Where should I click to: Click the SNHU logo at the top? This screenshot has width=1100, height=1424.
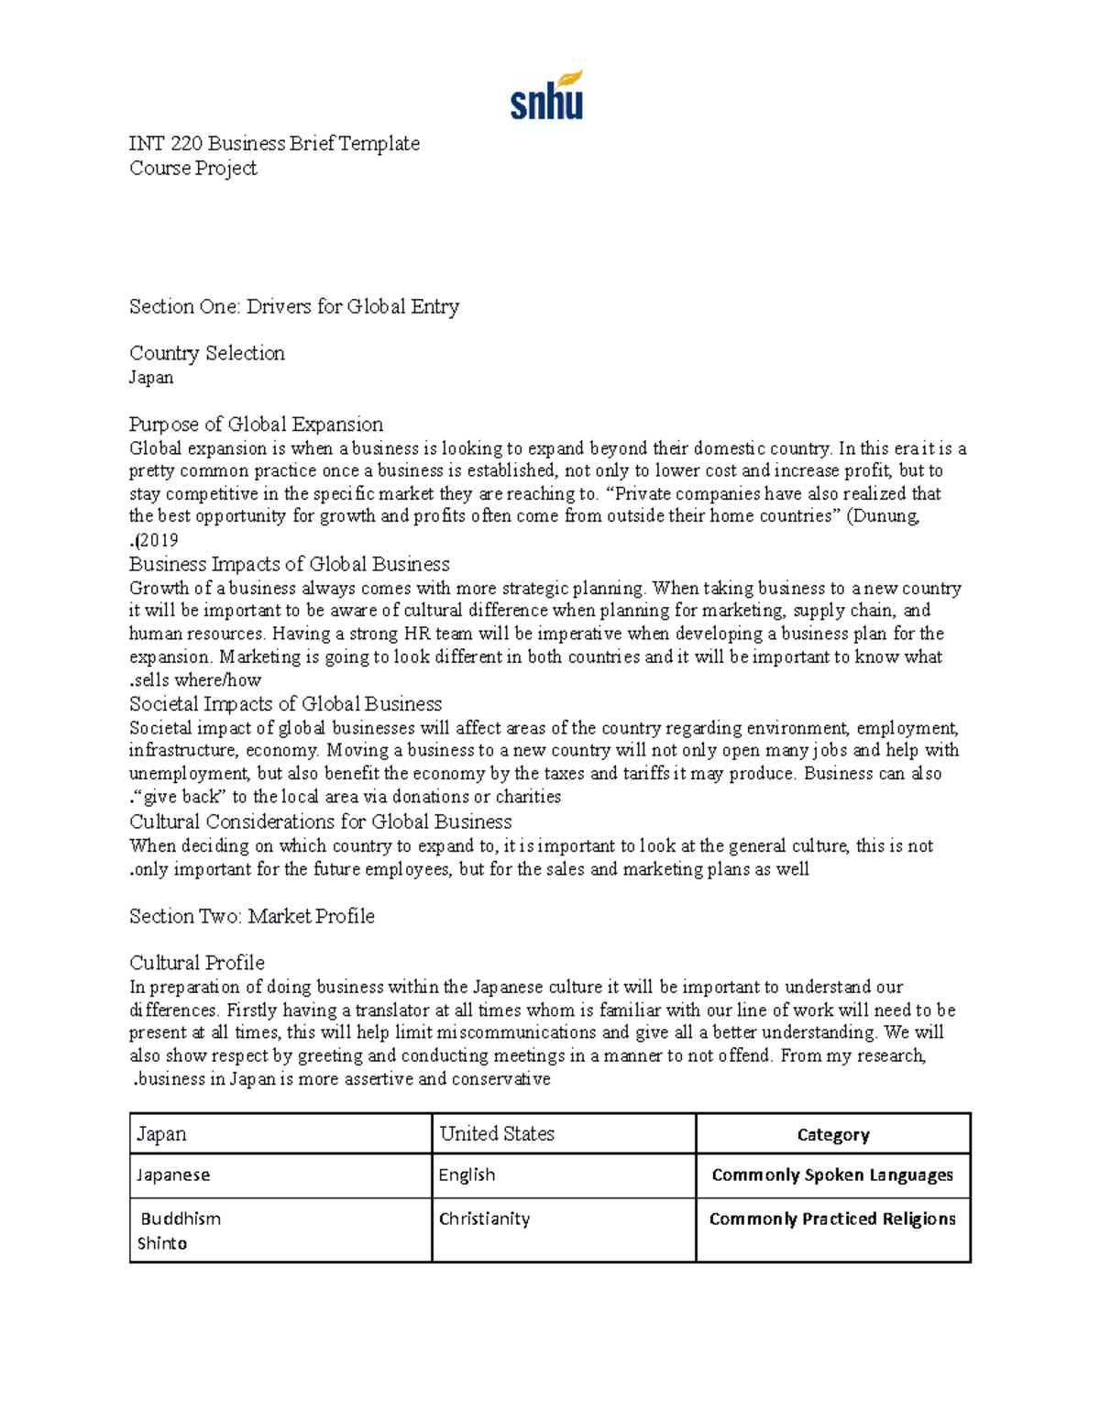pos(546,96)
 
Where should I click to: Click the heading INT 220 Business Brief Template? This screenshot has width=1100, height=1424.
pos(274,143)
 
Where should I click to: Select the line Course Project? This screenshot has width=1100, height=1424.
pos(192,168)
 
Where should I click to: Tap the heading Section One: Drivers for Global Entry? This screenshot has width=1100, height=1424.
pos(293,306)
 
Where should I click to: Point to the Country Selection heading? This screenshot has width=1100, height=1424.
pos(206,353)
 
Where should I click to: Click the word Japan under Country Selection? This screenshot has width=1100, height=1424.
pos(151,377)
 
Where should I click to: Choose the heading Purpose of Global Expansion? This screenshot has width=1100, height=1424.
pos(256,424)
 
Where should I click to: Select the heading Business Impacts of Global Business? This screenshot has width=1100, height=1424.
pos(289,564)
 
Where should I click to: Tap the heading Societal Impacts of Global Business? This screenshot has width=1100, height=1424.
pos(285,703)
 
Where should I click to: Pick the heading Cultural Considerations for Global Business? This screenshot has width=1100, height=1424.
pos(320,822)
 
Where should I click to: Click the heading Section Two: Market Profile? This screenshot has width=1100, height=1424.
pos(251,916)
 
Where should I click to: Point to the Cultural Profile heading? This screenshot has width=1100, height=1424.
pos(196,963)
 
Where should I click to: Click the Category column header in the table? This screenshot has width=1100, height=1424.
pos(832,1134)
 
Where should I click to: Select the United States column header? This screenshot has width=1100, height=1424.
pos(497,1133)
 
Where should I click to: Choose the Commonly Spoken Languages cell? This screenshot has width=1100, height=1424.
pos(832,1175)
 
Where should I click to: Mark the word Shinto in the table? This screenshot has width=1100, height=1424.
pos(162,1243)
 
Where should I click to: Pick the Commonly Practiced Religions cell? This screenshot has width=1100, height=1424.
pos(832,1219)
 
